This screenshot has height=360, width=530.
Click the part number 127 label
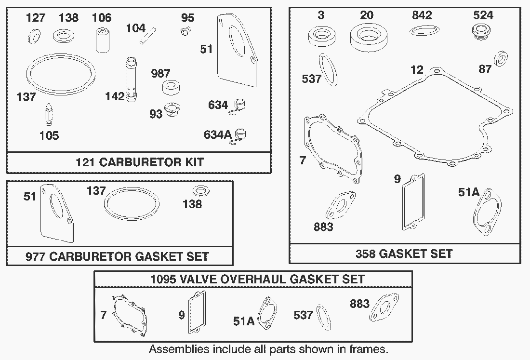(36, 17)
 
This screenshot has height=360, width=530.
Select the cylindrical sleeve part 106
(103, 40)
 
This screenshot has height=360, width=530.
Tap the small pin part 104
(148, 35)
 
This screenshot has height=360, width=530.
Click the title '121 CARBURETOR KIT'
(140, 162)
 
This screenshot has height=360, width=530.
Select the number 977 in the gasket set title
(36, 256)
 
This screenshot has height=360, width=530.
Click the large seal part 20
(369, 37)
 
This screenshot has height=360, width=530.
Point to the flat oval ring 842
(424, 30)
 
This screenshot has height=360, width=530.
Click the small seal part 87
(501, 58)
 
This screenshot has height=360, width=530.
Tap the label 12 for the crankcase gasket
(417, 69)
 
